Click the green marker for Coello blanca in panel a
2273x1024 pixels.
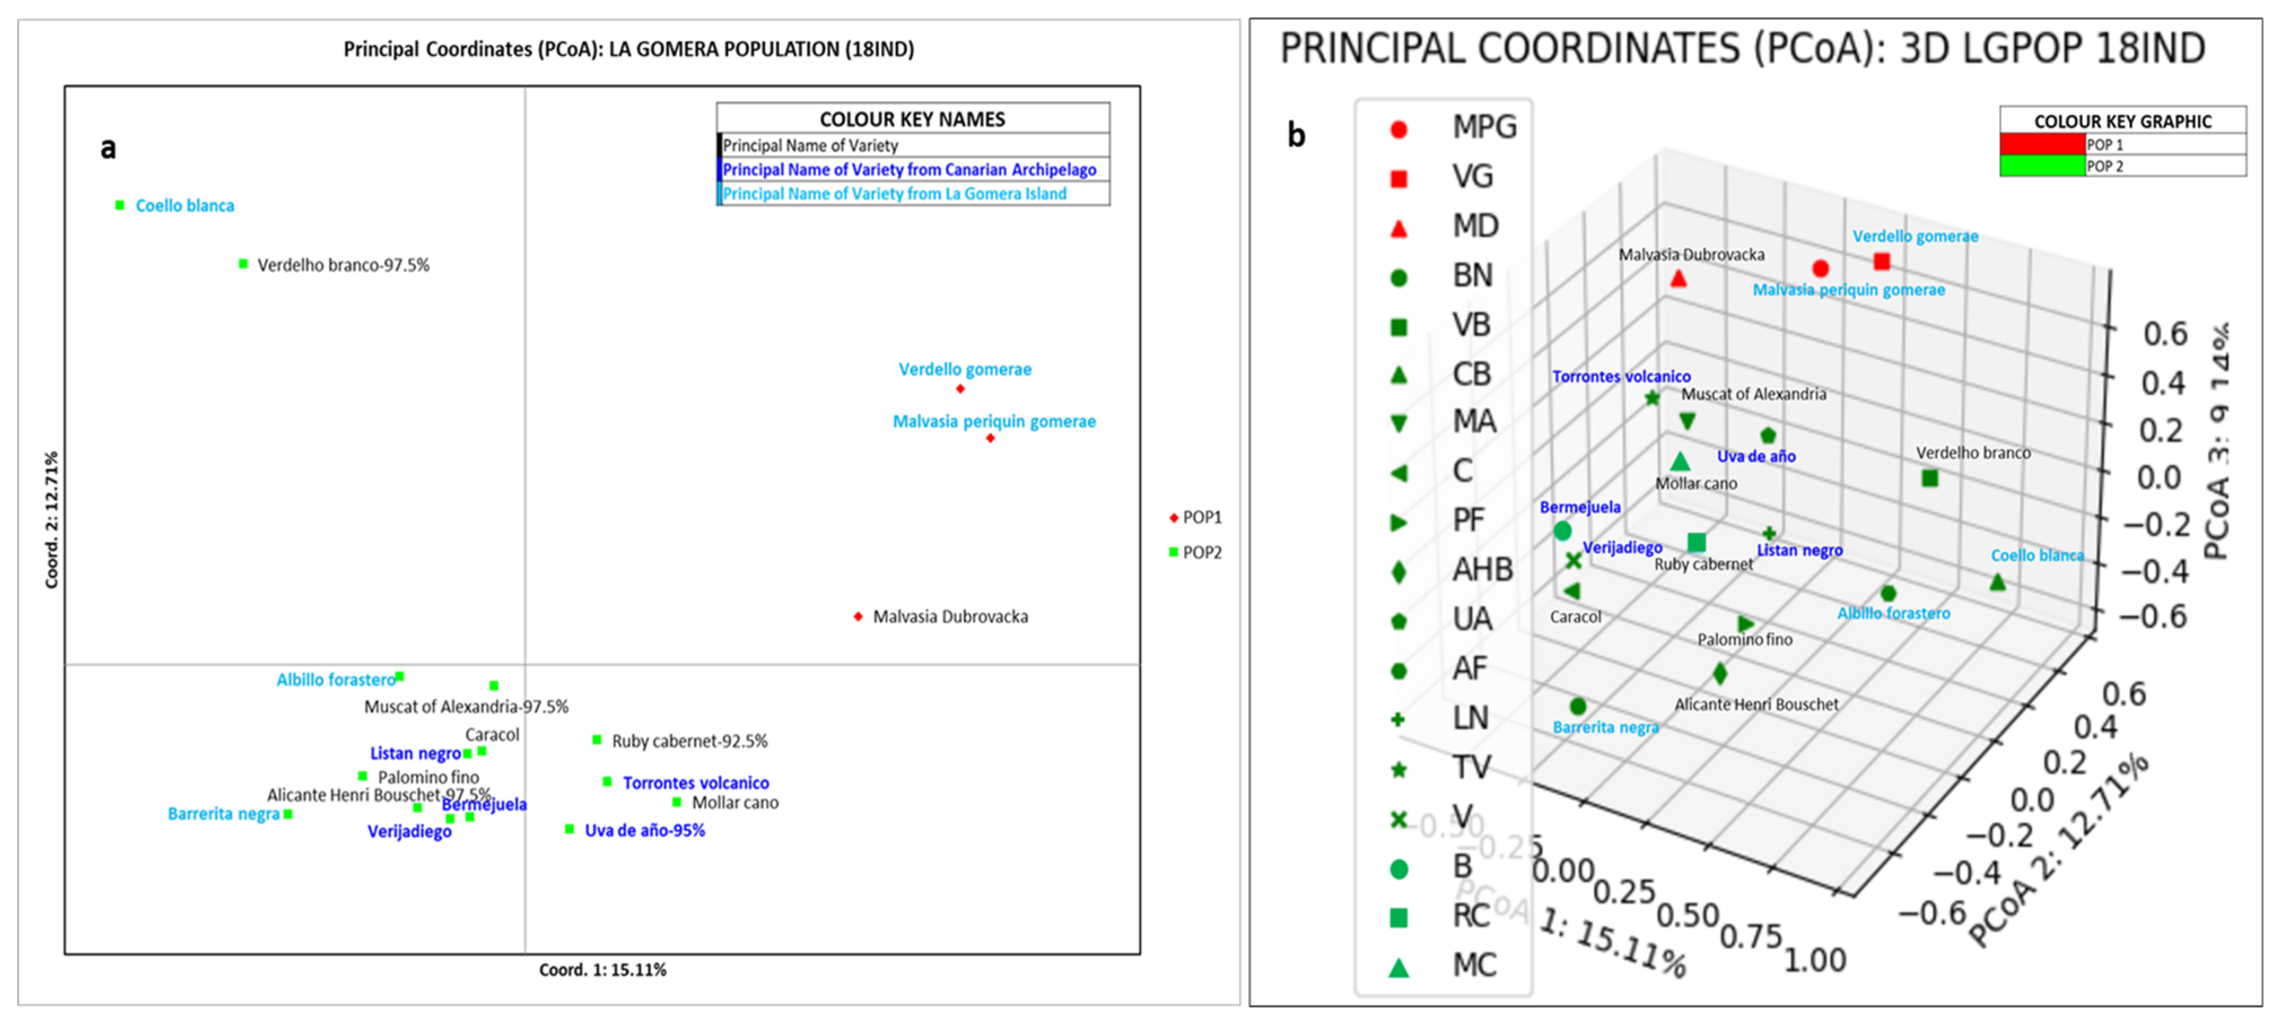(x=120, y=206)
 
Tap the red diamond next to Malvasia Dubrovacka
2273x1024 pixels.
(x=858, y=616)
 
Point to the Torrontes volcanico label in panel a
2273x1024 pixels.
(x=696, y=783)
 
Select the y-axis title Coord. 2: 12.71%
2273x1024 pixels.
(x=52, y=520)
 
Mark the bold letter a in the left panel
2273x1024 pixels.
(x=108, y=147)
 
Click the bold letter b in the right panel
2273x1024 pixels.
(x=1295, y=135)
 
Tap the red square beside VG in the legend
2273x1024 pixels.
(x=1398, y=179)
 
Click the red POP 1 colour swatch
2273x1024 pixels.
(x=2042, y=144)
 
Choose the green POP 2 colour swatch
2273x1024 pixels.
(x=2042, y=166)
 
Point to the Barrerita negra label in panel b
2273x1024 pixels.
(x=1605, y=727)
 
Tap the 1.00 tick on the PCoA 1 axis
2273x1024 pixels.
(x=1815, y=960)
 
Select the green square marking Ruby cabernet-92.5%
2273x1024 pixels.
(x=597, y=740)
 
